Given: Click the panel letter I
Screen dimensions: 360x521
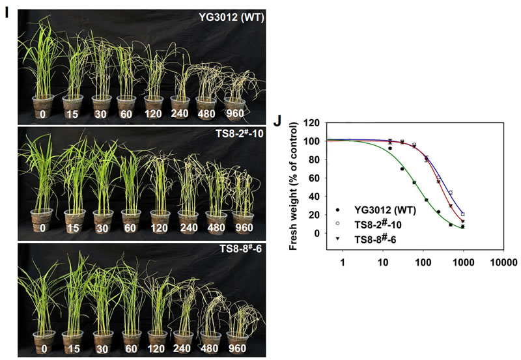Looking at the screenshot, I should [7, 12].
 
